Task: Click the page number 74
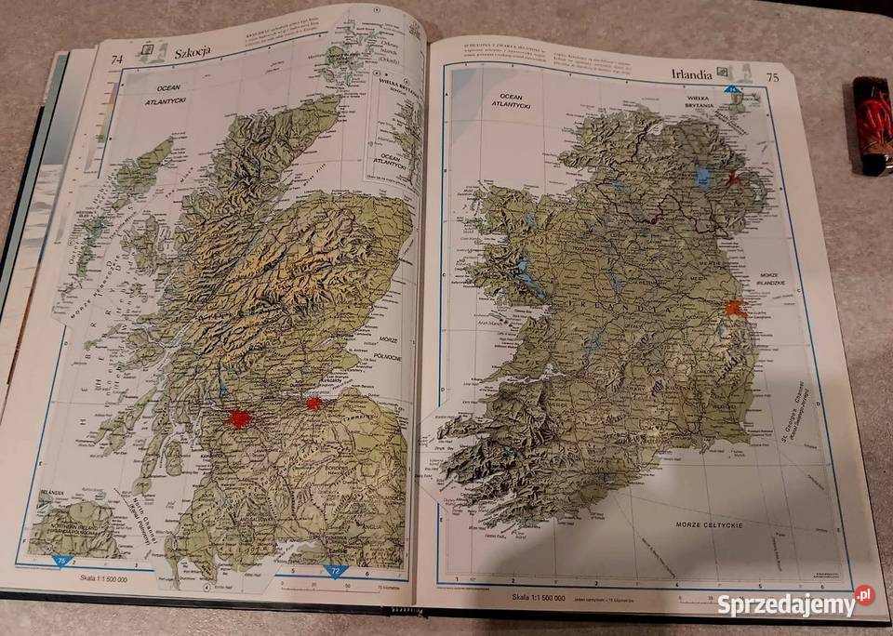click(x=117, y=61)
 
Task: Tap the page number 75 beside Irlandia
click(x=771, y=78)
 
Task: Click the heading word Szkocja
click(x=193, y=53)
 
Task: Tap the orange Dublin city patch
click(x=737, y=309)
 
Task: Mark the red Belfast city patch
click(x=737, y=176)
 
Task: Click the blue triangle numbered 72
click(x=336, y=570)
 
